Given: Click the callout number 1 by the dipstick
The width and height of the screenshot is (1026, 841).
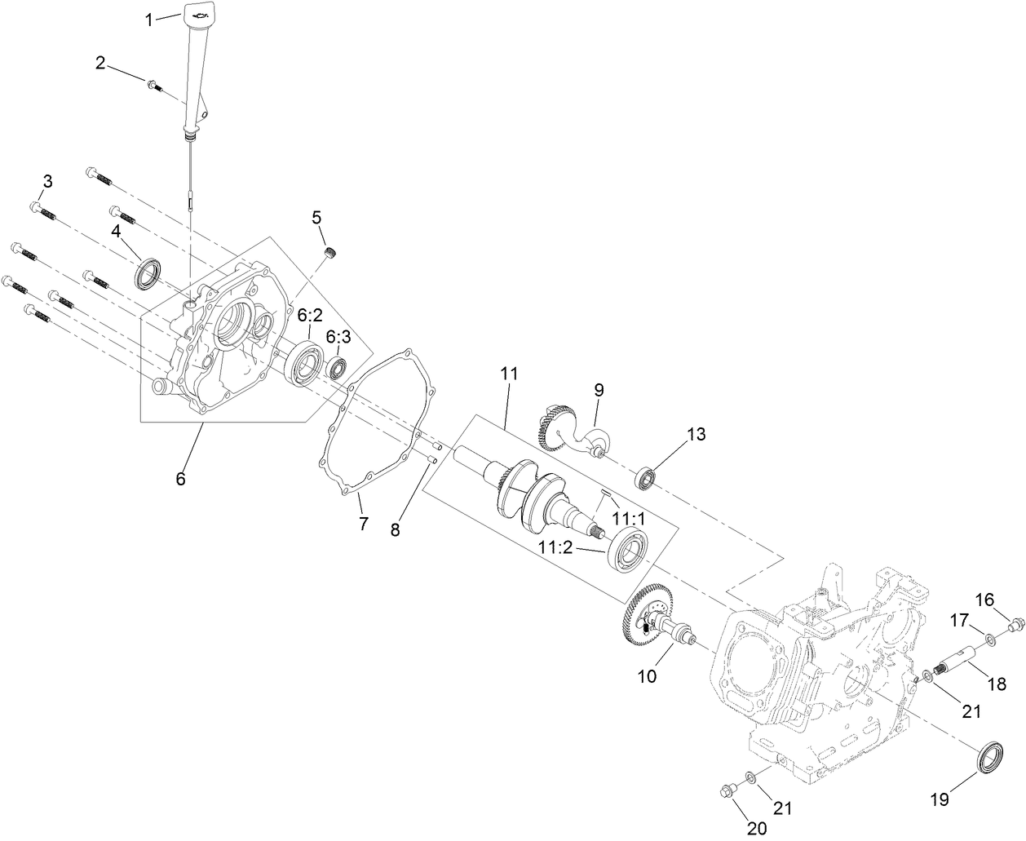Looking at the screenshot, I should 149,20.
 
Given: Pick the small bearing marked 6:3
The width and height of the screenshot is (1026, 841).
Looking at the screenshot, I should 338,368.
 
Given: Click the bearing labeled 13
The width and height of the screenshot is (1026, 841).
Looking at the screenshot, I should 648,477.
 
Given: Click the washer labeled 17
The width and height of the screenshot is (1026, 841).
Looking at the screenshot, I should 989,638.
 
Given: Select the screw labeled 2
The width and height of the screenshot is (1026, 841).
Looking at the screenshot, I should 153,84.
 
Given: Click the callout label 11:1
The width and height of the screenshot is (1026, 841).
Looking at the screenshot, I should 628,519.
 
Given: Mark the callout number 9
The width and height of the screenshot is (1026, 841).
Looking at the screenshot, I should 599,390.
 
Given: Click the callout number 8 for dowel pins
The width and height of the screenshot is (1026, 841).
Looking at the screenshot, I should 396,529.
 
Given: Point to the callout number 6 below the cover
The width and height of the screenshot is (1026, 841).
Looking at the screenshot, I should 180,479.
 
